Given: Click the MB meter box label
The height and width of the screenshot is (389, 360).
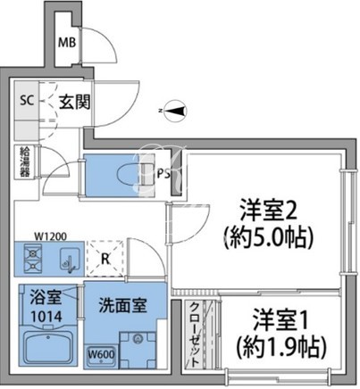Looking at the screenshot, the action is coord(67,43).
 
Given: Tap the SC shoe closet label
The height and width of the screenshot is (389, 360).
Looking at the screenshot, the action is coord(27,101).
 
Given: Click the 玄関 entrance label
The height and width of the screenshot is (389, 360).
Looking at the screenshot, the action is coord(74,102).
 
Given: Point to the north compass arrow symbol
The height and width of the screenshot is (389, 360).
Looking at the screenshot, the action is coord(175,111).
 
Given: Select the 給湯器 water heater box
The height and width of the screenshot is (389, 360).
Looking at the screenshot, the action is coord(25,162).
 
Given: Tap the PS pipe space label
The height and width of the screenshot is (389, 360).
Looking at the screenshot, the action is coord(163,174).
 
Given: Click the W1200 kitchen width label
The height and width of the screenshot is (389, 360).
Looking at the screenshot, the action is coord(51,236).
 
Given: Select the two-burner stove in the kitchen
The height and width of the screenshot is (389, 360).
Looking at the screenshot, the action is coord(32,259).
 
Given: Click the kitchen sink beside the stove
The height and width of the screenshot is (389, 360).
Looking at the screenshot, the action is coord(70,259).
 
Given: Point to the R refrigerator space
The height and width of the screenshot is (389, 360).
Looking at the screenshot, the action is coord(105,259).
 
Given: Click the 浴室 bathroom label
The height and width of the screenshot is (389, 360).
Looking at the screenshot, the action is coord(46,297).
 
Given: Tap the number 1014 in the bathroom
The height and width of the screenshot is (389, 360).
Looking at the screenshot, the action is coord(46,317).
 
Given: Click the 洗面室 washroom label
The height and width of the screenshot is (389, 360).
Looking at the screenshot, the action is coord(122,305).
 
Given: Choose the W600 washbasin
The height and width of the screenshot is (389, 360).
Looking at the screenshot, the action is coord(102,355).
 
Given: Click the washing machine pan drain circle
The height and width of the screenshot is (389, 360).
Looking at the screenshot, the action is coord(138,338).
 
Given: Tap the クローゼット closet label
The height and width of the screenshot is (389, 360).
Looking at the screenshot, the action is coord(194,335).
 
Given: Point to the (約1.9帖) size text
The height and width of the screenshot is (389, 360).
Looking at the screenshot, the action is coord(280,347).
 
